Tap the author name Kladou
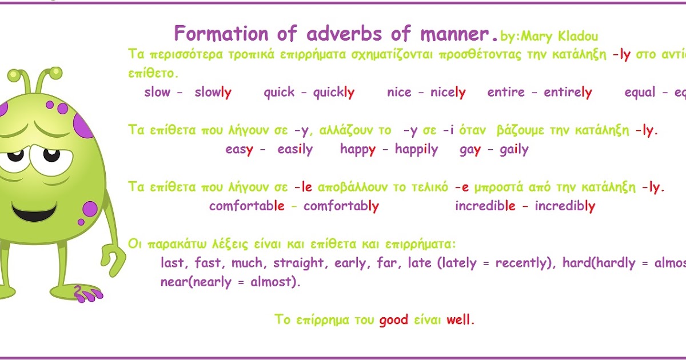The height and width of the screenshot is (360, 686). click(575, 37)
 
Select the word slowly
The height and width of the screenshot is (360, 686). click(213, 93)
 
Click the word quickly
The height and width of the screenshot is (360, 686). click(334, 93)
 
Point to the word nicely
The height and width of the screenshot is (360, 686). click(448, 93)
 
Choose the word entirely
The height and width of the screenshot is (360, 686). click(568, 93)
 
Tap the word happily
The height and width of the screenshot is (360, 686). click(416, 150)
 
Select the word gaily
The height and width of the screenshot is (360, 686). click(514, 150)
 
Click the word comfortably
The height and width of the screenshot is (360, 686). click(341, 206)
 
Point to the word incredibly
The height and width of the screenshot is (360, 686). click(565, 206)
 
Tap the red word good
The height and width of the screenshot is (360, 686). click(394, 319)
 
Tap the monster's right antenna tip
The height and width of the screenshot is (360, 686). click(55, 73)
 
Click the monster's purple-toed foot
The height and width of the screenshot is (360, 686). click(86, 293)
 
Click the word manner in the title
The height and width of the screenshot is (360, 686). click(459, 34)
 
